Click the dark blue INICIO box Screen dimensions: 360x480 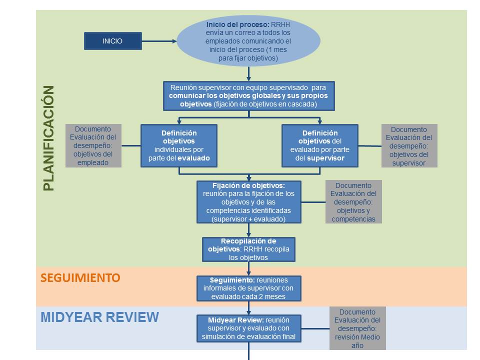(112, 41)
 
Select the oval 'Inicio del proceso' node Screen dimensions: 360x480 (248, 41)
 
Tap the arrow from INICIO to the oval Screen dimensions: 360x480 (159, 41)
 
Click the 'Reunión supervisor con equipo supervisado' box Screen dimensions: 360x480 (248, 96)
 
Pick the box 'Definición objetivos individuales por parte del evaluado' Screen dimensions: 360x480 (179, 146)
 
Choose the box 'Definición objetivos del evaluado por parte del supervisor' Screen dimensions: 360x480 (320, 146)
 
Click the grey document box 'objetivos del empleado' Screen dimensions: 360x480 (93, 145)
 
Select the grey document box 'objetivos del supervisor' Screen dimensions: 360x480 (409, 145)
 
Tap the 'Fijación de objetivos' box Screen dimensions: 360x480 (248, 202)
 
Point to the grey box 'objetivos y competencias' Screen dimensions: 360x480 (353, 202)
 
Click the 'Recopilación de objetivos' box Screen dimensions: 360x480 (248, 249)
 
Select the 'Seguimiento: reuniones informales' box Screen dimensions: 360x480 (248, 288)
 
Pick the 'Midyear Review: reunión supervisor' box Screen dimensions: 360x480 (248, 328)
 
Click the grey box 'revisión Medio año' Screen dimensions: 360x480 (357, 328)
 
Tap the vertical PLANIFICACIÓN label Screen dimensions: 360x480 (48, 138)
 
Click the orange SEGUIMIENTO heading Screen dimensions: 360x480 (80, 278)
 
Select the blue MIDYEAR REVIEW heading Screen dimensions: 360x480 (99, 317)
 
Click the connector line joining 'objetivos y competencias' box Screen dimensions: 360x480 (313, 202)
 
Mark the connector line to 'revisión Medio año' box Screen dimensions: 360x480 (315, 328)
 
